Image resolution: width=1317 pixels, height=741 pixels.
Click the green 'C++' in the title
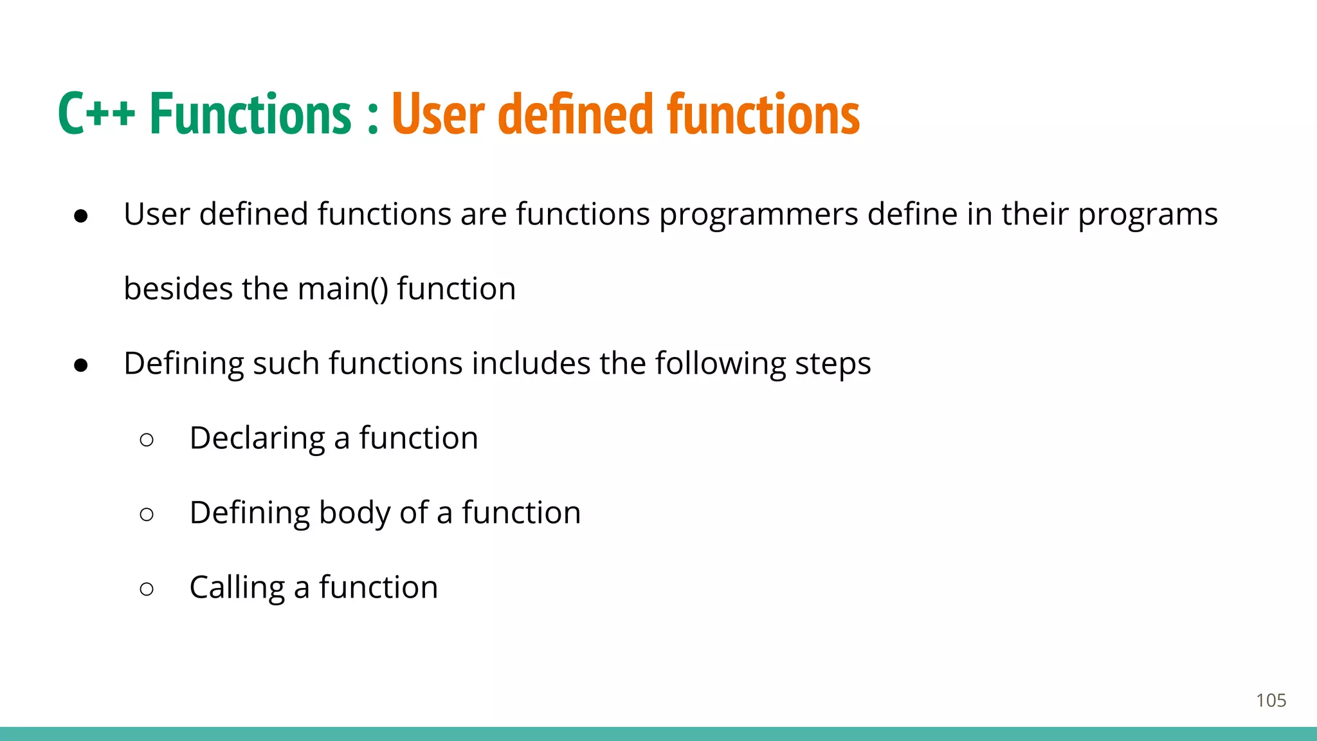96,114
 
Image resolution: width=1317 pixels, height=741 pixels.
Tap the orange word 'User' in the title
437,114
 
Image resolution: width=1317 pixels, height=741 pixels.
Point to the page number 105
1271,700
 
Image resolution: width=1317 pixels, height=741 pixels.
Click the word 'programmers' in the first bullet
758,215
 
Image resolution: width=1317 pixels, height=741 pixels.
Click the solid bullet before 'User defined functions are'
81,216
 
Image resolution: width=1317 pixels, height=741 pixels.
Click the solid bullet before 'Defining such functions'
81,365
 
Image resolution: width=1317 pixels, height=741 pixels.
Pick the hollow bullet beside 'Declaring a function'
147,440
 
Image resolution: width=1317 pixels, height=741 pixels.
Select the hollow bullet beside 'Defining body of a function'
147,515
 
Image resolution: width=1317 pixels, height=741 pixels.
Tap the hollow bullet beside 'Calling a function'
147,589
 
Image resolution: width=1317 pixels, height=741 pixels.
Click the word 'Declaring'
257,439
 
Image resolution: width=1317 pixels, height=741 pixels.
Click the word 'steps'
833,365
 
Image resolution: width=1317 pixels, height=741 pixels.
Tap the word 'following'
720,365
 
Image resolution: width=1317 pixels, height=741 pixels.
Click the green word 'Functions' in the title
251,114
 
